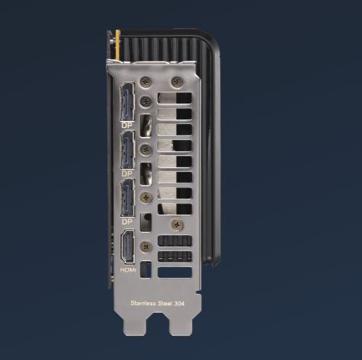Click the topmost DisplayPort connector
click(x=127, y=101)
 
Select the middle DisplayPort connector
click(x=127, y=150)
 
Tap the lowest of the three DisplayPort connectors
click(x=127, y=198)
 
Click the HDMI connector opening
click(x=128, y=247)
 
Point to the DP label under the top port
click(x=127, y=126)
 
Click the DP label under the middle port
click(x=127, y=174)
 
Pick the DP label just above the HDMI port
click(x=127, y=221)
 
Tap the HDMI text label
click(x=128, y=270)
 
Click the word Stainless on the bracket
click(x=143, y=303)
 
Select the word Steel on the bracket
click(x=165, y=303)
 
